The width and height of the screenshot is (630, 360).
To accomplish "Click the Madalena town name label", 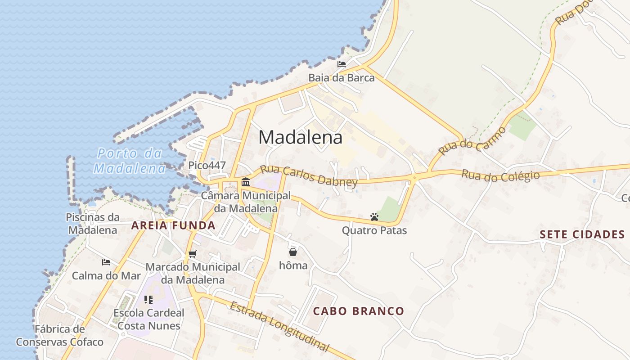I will point(300,138).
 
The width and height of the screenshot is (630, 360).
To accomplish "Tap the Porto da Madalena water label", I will point(130,161).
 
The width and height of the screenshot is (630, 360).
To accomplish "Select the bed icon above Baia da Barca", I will point(342,64).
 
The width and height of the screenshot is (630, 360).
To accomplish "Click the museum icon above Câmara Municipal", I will point(246,182).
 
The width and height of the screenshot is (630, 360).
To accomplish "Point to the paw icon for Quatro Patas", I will point(374,217).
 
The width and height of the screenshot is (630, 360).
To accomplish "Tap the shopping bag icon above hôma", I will point(293,252).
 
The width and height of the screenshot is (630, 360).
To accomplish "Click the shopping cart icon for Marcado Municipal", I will point(193,254).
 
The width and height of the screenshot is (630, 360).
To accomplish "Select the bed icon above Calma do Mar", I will point(106,262).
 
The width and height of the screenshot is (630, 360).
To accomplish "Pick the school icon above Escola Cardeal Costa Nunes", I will point(148,299).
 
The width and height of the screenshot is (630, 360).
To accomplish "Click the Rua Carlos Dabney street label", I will point(309,175).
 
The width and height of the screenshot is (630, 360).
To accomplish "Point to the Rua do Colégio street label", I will point(500,175).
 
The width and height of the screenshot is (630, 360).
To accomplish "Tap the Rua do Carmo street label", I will point(472,141).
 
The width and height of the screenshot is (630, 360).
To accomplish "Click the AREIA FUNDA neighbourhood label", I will point(173,226).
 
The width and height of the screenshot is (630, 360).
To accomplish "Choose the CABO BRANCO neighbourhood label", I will point(358,311).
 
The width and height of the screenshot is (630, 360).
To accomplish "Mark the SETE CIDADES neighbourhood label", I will point(582,234).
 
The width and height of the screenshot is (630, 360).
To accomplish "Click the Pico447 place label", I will point(207,165).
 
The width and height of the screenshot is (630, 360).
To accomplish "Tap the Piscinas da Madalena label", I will point(93,224).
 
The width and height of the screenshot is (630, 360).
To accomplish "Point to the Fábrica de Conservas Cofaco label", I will point(59,336).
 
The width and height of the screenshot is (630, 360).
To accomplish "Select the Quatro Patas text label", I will point(374,231).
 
